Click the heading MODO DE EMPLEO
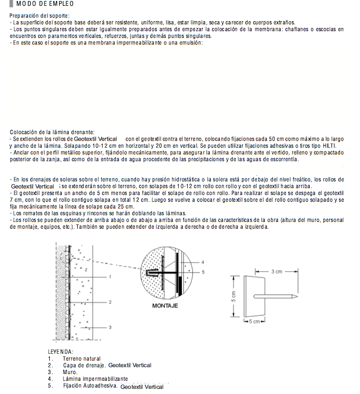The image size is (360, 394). pos(45,4)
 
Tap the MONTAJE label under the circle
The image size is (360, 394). pos(165,306)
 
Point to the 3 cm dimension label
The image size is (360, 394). pos(276,271)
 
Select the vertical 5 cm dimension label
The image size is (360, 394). pos(234,296)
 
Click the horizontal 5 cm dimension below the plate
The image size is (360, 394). pos(254,322)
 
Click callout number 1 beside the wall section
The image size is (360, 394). pos(110,277)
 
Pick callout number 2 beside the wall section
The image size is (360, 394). pos(110,302)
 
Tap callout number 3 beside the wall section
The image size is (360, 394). pos(110,327)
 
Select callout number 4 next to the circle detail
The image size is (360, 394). pos(203,262)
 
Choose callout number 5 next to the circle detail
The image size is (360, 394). pos(203,272)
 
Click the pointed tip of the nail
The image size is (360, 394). pos(298,296)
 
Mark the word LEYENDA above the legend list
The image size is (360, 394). pos(60,352)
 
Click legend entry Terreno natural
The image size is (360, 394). pos(81,359)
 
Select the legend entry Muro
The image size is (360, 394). pos(70,372)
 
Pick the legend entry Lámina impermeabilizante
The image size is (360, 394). pos(95,379)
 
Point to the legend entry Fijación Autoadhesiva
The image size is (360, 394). pos(90,386)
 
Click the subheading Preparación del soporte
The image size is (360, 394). pos(40,15)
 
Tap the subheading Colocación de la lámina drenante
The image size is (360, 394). pos(52,132)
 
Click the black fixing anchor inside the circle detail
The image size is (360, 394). pos(161,273)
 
